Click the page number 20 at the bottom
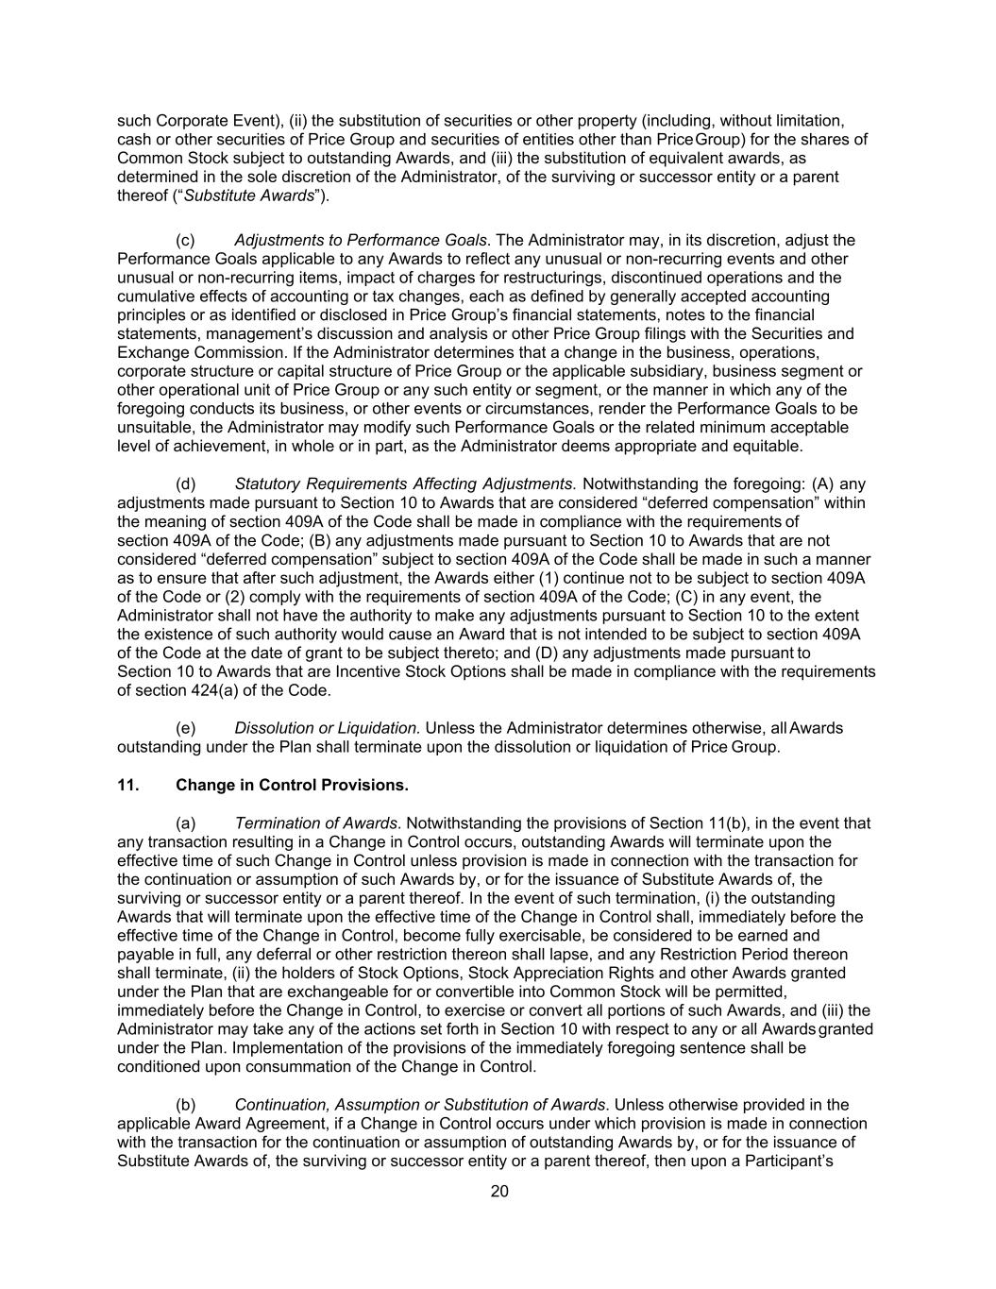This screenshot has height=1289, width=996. [499, 1191]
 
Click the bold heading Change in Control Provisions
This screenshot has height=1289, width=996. [292, 785]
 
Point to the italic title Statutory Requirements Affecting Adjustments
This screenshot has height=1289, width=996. [404, 483]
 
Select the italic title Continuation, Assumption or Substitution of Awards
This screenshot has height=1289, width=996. [420, 1104]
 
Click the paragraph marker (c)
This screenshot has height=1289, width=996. [186, 240]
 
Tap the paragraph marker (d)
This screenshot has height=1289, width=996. [186, 483]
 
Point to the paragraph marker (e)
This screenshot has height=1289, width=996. [186, 728]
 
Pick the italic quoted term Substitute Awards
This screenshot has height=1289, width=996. [248, 195]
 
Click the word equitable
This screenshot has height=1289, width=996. [766, 446]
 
